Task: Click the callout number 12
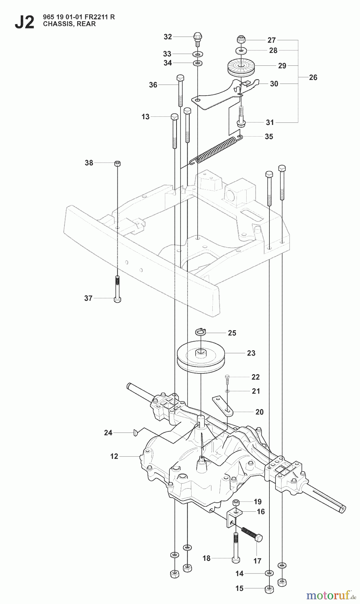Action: (114, 456)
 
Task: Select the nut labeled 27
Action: (240, 39)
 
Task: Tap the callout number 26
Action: (313, 78)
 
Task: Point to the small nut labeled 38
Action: (117, 163)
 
